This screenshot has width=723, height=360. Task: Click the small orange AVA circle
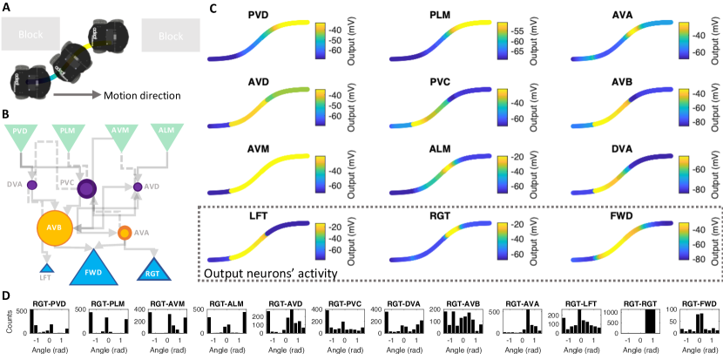coord(125,233)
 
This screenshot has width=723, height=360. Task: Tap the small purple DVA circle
coord(32,185)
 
